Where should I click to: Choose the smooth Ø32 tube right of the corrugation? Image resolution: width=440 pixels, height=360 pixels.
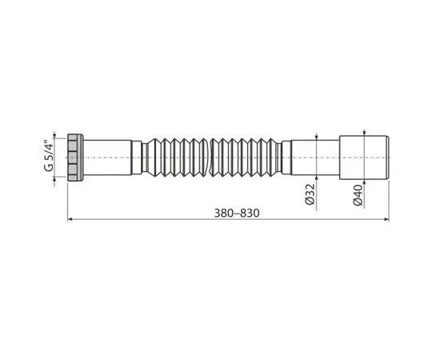click(x=306, y=157)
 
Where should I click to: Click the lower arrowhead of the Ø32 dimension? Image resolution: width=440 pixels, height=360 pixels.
click(x=318, y=176)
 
